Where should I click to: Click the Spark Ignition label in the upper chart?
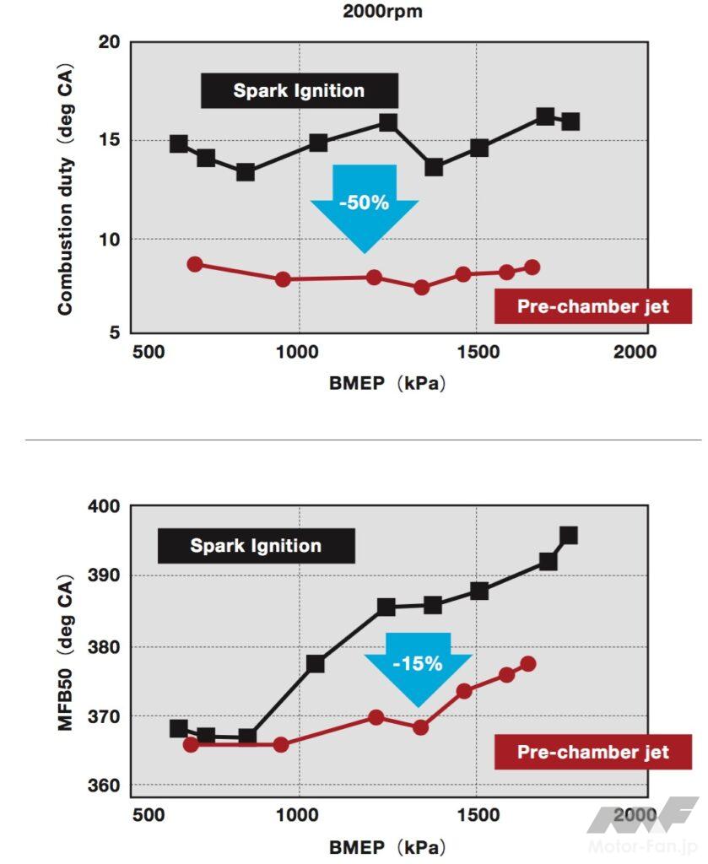click(299, 91)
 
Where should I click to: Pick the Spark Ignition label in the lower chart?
click(256, 546)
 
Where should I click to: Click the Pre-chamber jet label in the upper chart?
click(592, 306)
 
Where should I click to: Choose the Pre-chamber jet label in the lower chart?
click(592, 752)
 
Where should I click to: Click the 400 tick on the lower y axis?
click(105, 506)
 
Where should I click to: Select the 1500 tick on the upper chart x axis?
click(478, 353)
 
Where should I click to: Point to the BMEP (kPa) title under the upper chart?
click(387, 383)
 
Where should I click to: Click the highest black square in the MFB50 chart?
click(569, 535)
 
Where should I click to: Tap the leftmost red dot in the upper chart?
click(195, 264)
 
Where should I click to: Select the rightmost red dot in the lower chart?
click(528, 664)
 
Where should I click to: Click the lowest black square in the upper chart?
click(246, 172)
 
